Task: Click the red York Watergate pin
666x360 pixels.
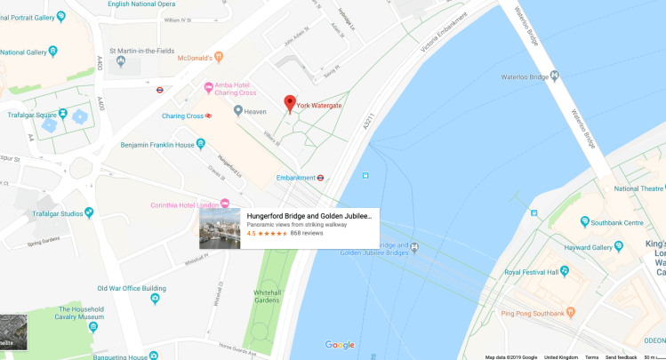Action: point(289,104)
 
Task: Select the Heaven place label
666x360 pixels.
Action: point(256,110)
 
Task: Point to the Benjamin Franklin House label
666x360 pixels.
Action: point(157,143)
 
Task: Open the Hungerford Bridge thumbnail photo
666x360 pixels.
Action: point(220,228)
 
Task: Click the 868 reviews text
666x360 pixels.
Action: point(307,234)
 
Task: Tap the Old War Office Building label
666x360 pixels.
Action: point(131,288)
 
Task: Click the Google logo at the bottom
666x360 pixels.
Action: point(340,345)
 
